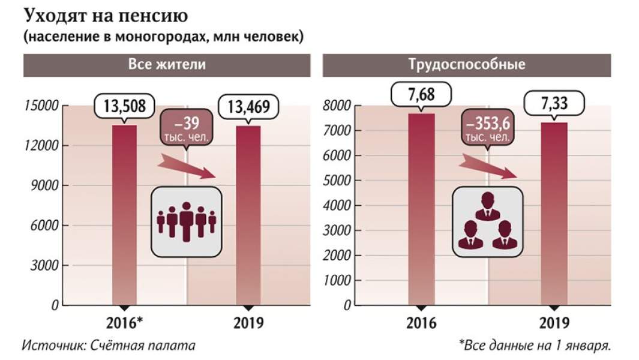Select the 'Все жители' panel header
[167, 65]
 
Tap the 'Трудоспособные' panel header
[466, 65]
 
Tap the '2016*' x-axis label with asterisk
[124, 323]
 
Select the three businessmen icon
[487, 222]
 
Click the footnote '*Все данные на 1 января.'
[535, 346]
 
